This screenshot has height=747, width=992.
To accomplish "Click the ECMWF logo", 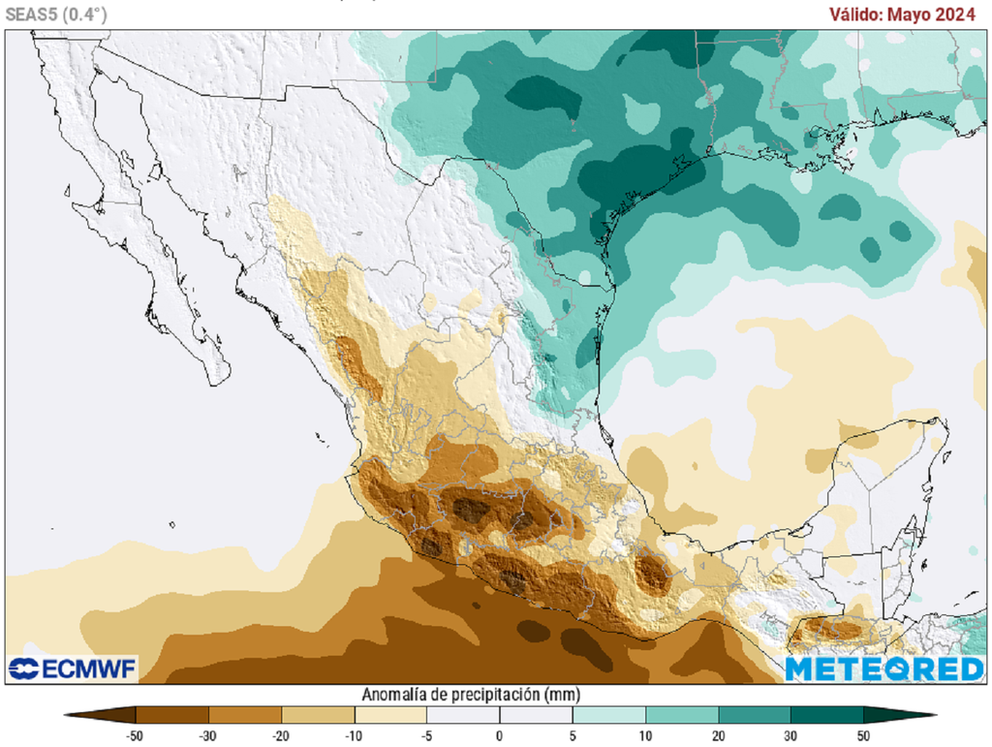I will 73,669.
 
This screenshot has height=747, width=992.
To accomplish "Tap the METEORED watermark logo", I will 883,669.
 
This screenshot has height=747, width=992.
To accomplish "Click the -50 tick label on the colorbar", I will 137,735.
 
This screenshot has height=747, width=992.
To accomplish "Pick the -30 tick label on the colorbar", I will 208,735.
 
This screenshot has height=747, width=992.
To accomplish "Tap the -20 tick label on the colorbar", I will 281,735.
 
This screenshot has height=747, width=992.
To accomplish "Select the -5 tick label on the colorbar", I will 426,735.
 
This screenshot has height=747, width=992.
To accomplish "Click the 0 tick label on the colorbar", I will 500,735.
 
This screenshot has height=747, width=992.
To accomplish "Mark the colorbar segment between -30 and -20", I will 245,716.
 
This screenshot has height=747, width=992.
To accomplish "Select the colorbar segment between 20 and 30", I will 755,716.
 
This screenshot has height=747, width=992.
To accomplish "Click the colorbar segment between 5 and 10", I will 609,716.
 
